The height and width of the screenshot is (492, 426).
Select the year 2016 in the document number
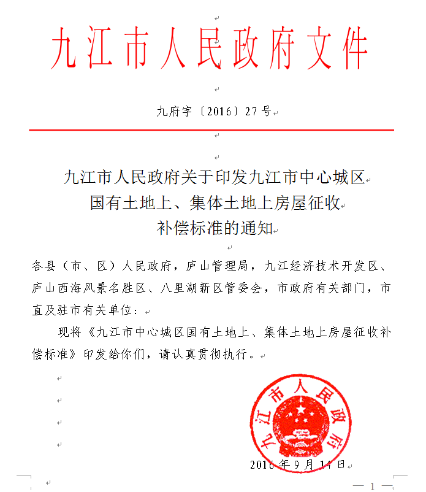pyautogui.click(x=214, y=112)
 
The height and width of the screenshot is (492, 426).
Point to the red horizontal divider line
pyautogui.click(x=211, y=130)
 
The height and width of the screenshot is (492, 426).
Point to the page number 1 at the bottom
pyautogui.click(x=371, y=485)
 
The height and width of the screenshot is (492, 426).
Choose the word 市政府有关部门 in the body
pyautogui.click(x=325, y=287)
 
